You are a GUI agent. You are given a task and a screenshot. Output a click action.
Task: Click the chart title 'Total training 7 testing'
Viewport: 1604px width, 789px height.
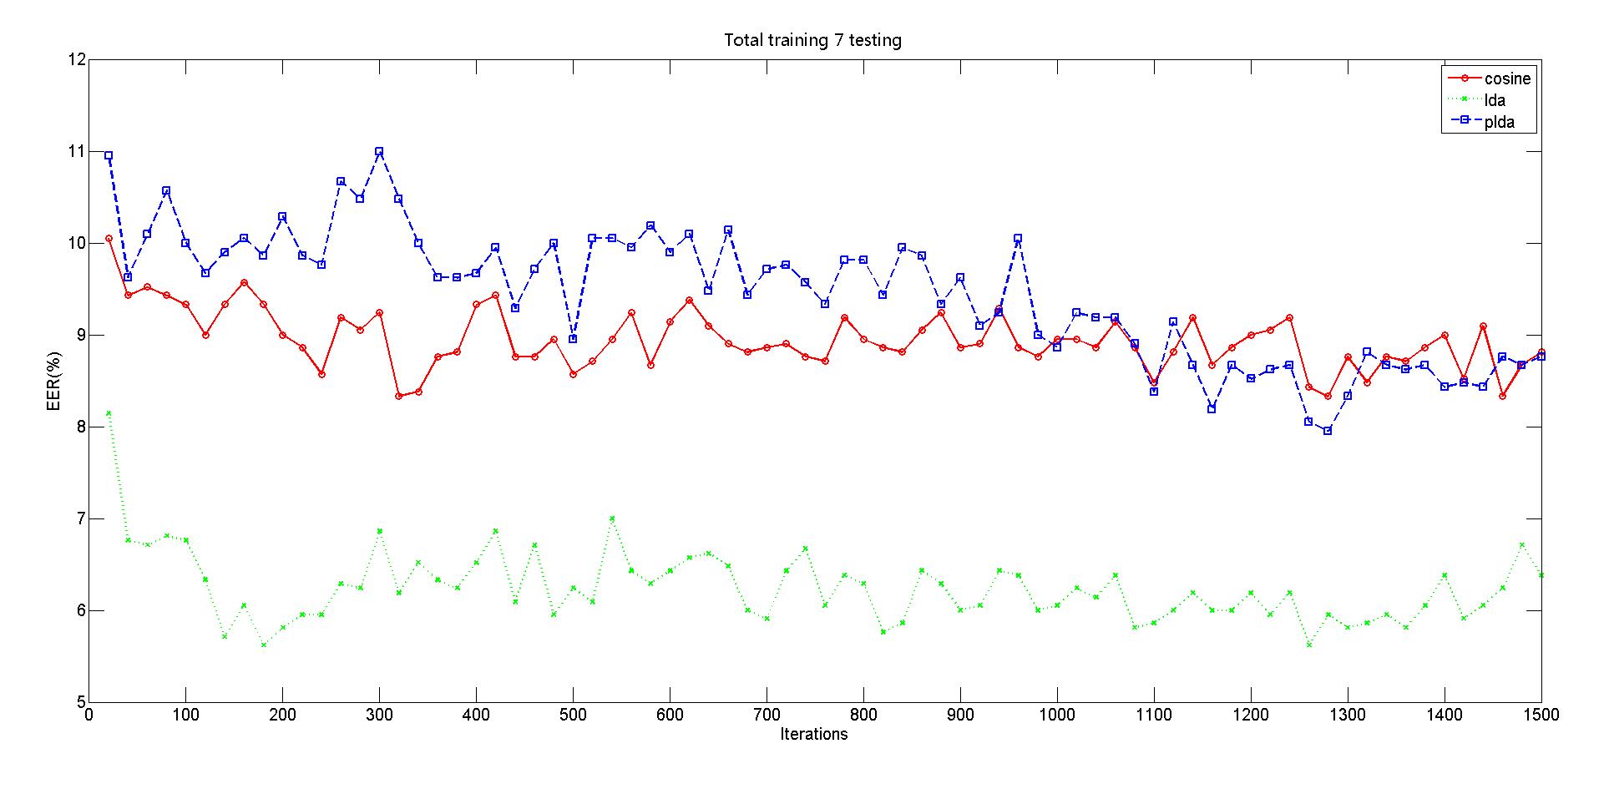pyautogui.click(x=812, y=40)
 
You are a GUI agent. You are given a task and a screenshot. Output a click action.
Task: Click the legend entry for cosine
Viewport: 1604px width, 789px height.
pyautogui.click(x=1507, y=78)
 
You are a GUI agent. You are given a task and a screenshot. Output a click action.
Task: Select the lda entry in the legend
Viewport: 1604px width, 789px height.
pyautogui.click(x=1495, y=100)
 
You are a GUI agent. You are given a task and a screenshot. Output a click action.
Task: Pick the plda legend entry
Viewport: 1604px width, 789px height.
pyautogui.click(x=1499, y=122)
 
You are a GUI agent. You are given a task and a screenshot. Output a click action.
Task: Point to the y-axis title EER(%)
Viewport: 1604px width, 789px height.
pyautogui.click(x=52, y=381)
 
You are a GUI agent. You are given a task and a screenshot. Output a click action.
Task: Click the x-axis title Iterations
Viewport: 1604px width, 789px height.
pyautogui.click(x=813, y=735)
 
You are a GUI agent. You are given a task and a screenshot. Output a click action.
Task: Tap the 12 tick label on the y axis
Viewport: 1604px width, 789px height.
pyautogui.click(x=77, y=60)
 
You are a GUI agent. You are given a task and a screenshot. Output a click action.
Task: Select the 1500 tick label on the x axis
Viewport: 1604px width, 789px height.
pyautogui.click(x=1541, y=716)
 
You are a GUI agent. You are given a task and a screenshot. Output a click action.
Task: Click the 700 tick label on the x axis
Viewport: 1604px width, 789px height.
pyautogui.click(x=766, y=716)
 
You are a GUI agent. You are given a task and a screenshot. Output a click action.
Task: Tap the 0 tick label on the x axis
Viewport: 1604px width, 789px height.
pyautogui.click(x=89, y=716)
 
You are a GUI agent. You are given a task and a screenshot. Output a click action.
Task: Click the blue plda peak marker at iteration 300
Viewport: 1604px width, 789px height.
pyautogui.click(x=379, y=152)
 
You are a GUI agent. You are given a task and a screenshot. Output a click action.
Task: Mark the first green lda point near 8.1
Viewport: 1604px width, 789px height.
pyautogui.click(x=109, y=413)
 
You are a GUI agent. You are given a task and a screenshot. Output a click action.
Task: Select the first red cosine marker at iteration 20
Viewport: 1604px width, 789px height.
pyautogui.click(x=109, y=239)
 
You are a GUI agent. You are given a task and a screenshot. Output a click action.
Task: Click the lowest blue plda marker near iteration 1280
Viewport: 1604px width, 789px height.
pyautogui.click(x=1328, y=431)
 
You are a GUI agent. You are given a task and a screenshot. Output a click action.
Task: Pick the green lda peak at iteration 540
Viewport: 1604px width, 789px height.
pyautogui.click(x=612, y=518)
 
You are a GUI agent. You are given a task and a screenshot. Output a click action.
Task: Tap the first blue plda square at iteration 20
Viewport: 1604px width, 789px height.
pyautogui.click(x=109, y=155)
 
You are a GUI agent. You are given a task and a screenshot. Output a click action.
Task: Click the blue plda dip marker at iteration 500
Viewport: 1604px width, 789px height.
pyautogui.click(x=573, y=339)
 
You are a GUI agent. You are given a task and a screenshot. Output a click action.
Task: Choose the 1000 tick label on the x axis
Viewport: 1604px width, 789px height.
pyautogui.click(x=1056, y=716)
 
